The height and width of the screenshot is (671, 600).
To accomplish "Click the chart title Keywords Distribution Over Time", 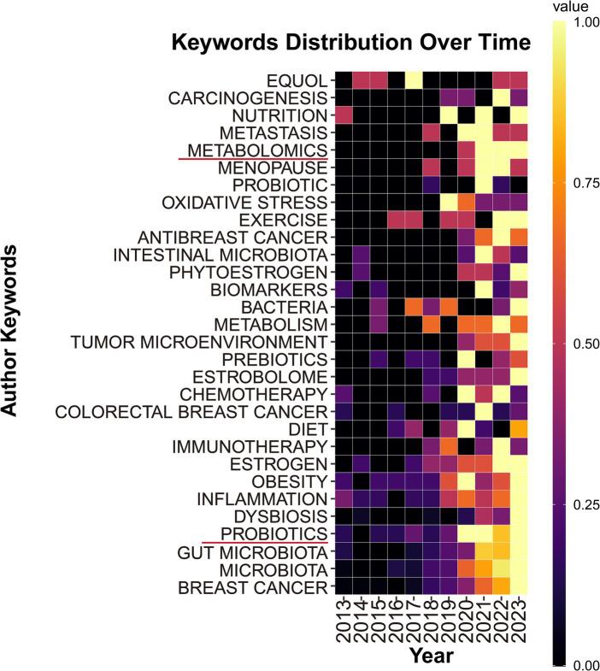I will coord(351,42).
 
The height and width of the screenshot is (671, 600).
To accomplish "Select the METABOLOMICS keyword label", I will coord(254,150).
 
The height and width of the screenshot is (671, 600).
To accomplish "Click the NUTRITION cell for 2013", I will coord(344,115).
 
